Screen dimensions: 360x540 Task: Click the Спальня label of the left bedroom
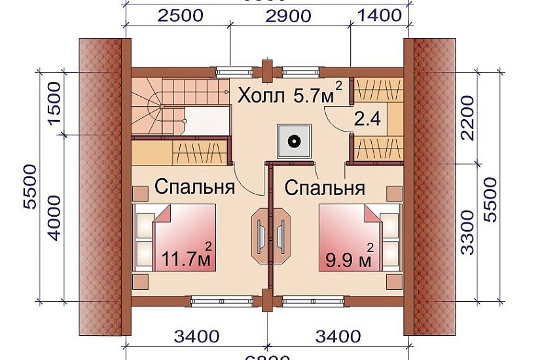click(x=194, y=188)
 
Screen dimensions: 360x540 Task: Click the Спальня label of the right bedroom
click(x=325, y=188)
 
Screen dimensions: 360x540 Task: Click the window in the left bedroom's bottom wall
click(x=217, y=300)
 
